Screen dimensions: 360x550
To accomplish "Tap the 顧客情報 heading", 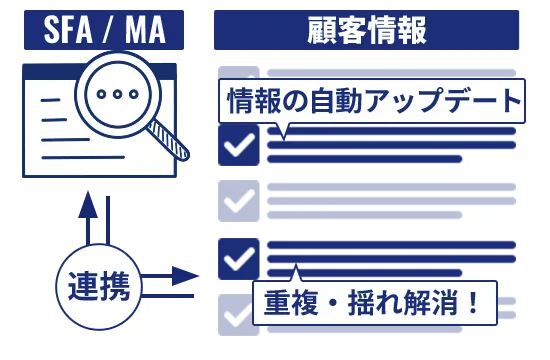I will (x=366, y=30).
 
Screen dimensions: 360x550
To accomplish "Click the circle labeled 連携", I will (x=98, y=287).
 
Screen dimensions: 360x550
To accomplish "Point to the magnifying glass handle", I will (x=173, y=141).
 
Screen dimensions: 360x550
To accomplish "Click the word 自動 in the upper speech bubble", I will (x=330, y=101).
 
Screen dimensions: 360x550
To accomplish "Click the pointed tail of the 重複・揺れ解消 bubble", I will (x=295, y=272).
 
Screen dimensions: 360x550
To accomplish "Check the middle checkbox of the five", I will (x=238, y=201).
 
